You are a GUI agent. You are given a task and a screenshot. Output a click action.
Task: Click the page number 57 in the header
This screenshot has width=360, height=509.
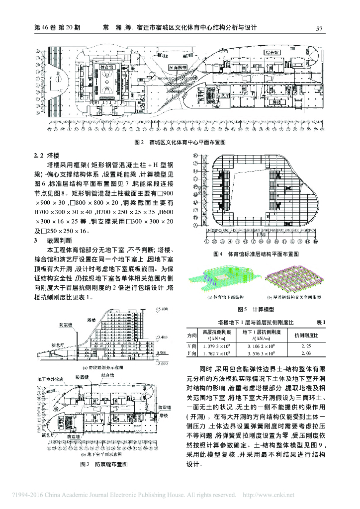(320, 28)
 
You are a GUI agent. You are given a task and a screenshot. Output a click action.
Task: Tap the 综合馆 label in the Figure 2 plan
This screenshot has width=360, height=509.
(272, 52)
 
